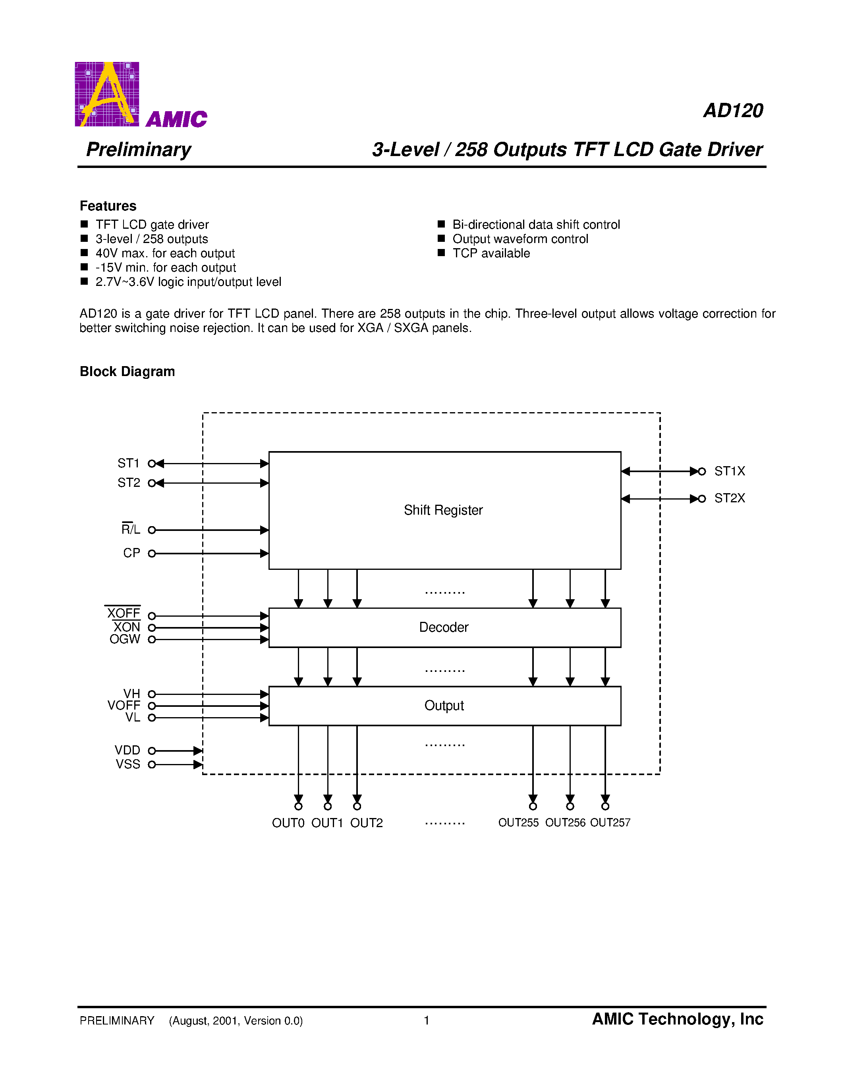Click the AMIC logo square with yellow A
click(x=107, y=94)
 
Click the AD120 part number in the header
click(x=733, y=110)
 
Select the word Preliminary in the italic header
click(x=139, y=149)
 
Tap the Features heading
click(x=108, y=206)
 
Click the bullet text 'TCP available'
click(x=491, y=253)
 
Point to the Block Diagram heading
click(x=127, y=372)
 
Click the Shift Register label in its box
click(x=443, y=510)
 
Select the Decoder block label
click(x=444, y=627)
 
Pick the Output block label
click(x=444, y=706)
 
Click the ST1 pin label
click(x=129, y=463)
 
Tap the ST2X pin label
click(x=730, y=498)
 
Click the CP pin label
click(x=131, y=553)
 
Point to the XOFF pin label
click(x=124, y=614)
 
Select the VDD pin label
click(x=127, y=751)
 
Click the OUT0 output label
click(x=288, y=823)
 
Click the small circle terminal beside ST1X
click(x=702, y=471)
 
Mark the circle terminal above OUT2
click(x=357, y=806)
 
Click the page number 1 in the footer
click(x=427, y=1021)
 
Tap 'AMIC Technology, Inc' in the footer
click(x=678, y=1019)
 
